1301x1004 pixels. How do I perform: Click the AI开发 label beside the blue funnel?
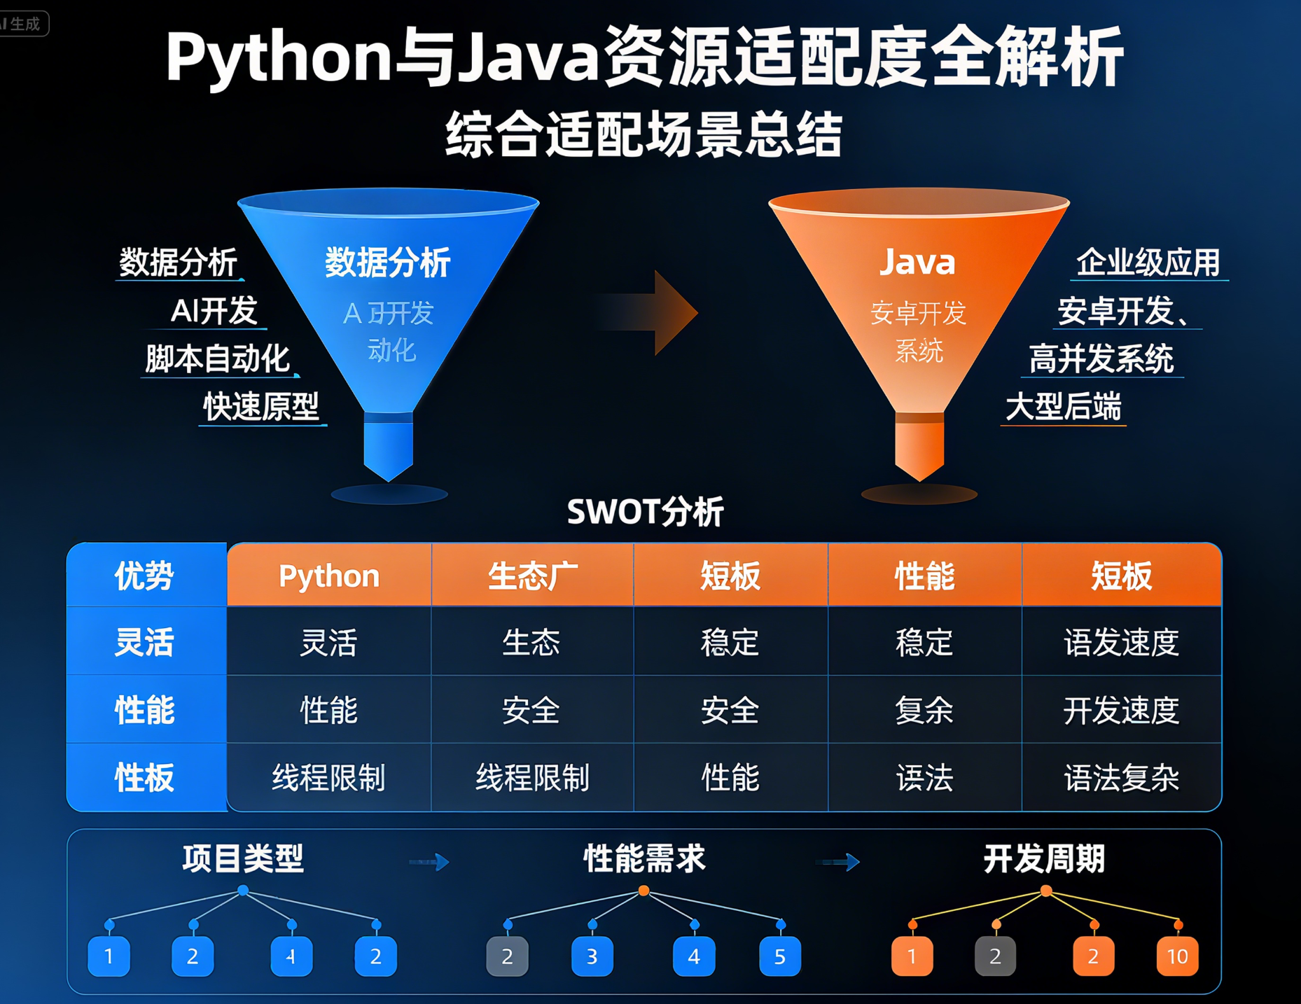coord(214,311)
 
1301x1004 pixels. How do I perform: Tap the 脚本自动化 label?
coord(217,359)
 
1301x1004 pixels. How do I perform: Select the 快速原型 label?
coord(260,407)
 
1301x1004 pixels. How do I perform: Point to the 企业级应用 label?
coord(1148,263)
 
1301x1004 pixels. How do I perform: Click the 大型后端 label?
coord(1063,407)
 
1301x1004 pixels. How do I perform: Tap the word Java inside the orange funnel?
coord(917,263)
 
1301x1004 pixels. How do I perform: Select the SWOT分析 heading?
coord(645,512)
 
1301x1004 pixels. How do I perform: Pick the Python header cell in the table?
coord(328,576)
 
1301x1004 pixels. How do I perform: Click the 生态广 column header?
coord(532,576)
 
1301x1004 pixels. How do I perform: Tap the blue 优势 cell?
coord(145,576)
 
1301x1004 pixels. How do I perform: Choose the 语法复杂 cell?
coord(1121,778)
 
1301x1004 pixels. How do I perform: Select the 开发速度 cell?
coord(1121,711)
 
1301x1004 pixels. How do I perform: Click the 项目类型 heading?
coord(243,859)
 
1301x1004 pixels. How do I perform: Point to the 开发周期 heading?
coord(1044,859)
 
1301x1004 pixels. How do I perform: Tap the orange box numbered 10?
coord(1177,956)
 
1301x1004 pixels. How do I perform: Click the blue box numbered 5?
coord(779,956)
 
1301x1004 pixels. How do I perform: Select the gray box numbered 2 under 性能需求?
coord(507,956)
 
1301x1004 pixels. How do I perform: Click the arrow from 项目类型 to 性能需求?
coord(429,862)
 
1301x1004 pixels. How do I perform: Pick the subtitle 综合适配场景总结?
coord(643,134)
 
